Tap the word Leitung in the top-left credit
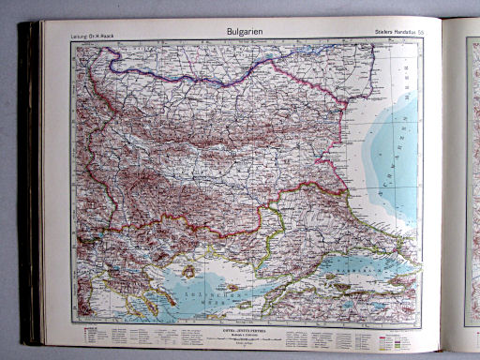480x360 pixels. (81, 37)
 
